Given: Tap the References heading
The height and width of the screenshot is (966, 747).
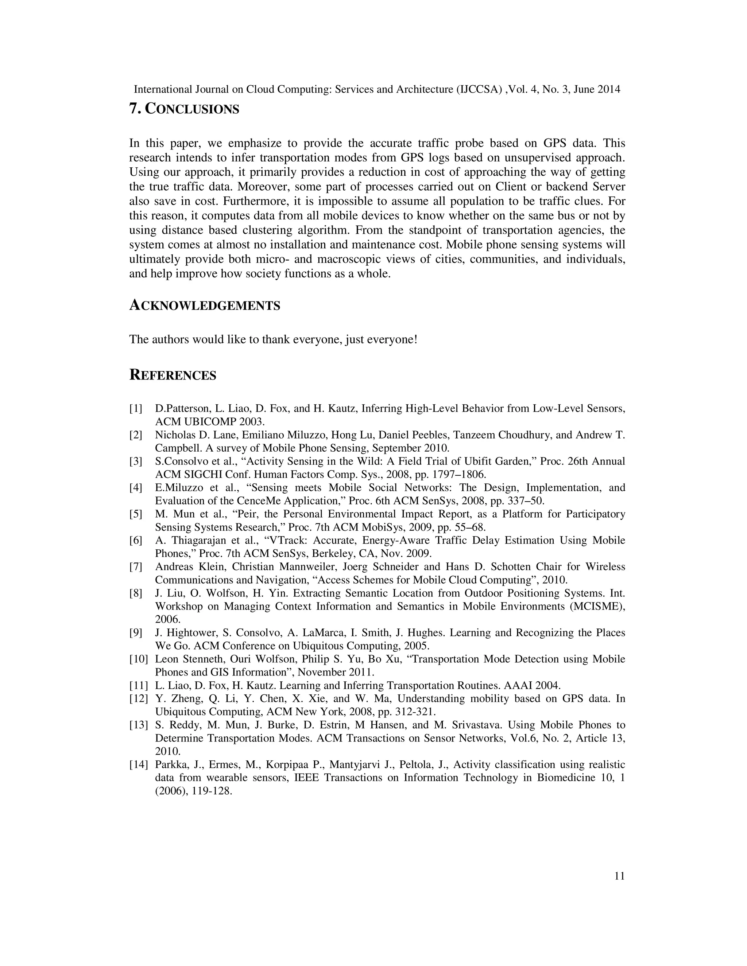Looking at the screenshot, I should [x=173, y=375].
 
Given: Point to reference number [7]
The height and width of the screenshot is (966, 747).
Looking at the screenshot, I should [x=136, y=566].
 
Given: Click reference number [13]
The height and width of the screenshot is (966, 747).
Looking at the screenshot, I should [x=138, y=725].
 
